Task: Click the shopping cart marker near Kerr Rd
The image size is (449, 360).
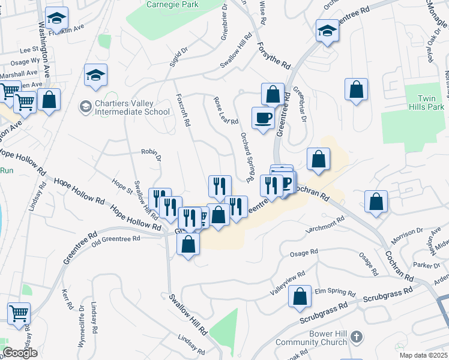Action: [19, 313]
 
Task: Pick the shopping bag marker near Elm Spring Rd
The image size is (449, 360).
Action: [300, 296]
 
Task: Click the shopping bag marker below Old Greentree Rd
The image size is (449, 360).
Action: [188, 244]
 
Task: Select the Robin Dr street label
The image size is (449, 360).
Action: [151, 155]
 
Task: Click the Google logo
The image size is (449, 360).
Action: [20, 353]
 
